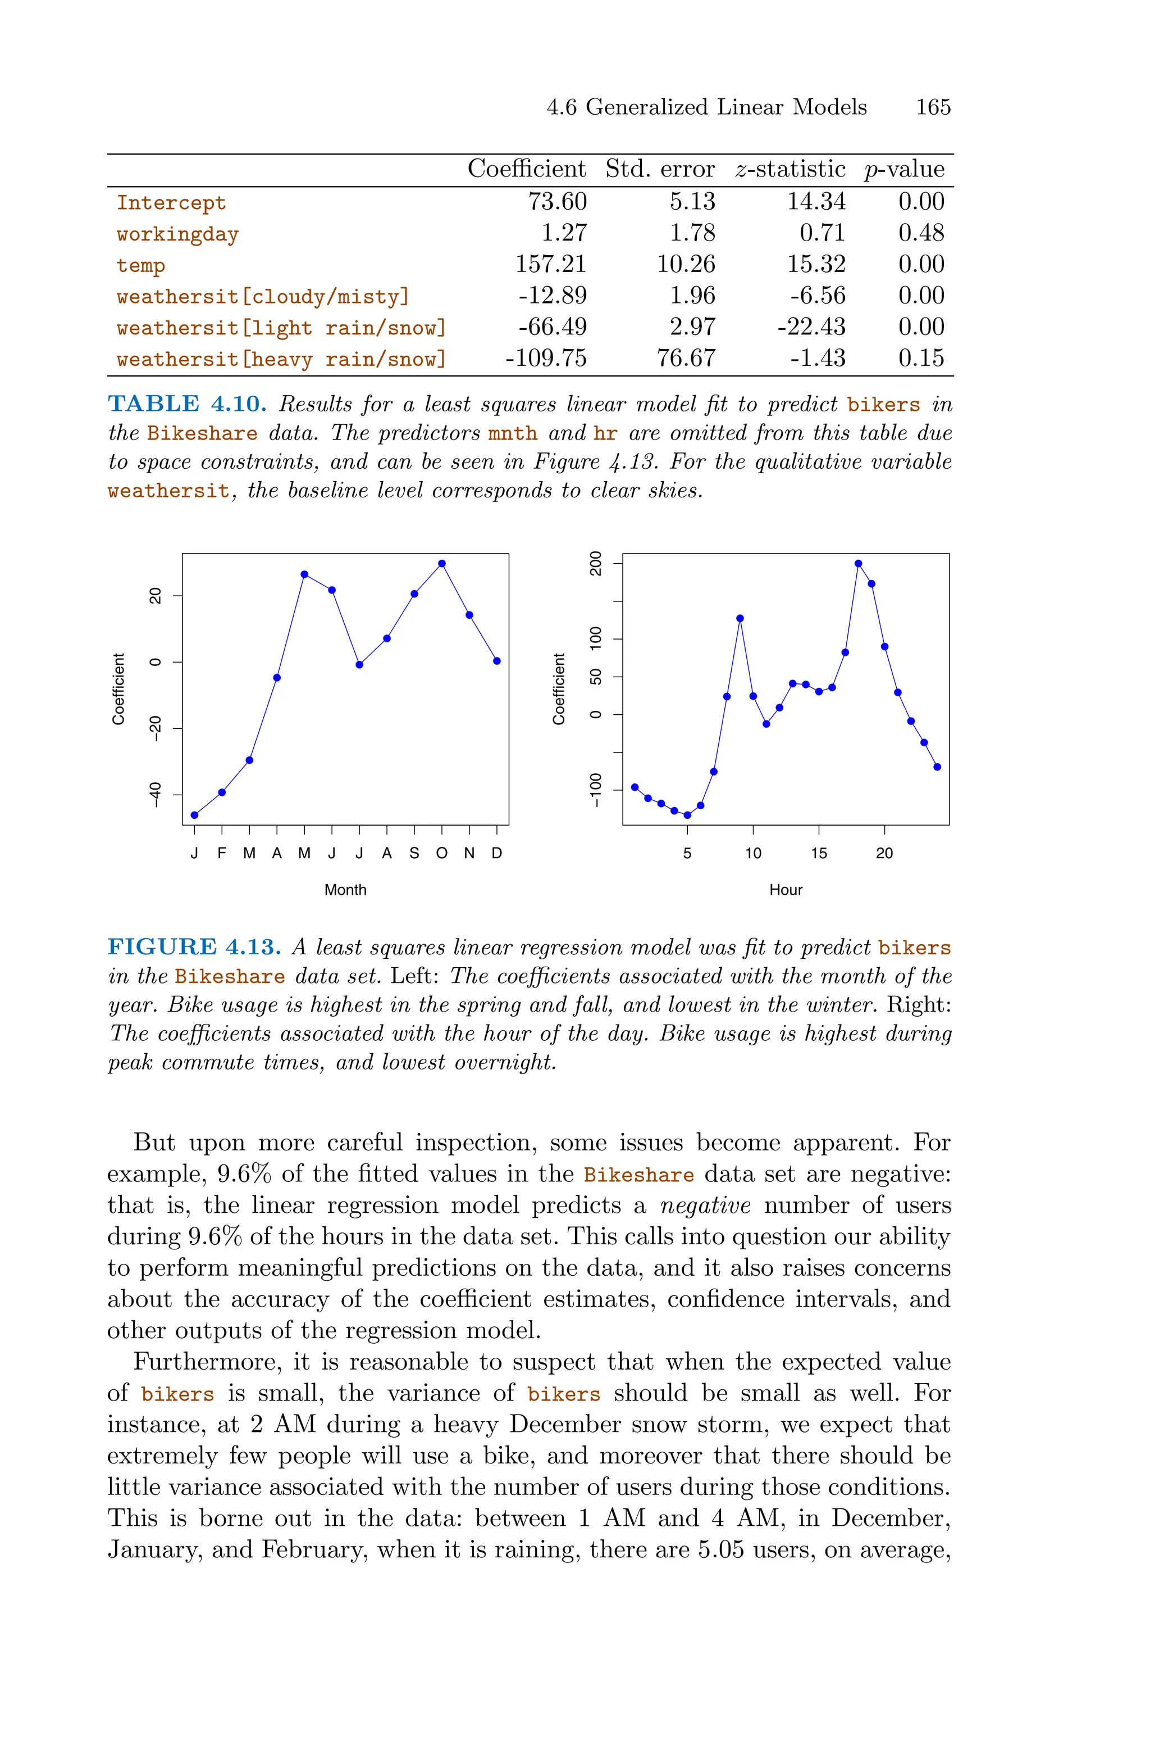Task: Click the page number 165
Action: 932,107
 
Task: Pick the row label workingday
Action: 177,234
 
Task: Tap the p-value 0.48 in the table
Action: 920,233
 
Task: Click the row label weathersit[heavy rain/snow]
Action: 281,359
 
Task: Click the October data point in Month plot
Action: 441,564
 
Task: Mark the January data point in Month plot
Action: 194,814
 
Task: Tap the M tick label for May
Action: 304,853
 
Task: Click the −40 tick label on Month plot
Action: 155,795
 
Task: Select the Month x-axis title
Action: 345,890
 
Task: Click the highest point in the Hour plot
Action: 858,564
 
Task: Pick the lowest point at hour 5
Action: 687,814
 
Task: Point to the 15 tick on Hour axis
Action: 819,853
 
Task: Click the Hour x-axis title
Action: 786,890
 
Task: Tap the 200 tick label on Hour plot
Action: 596,564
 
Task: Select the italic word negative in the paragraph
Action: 705,1205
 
